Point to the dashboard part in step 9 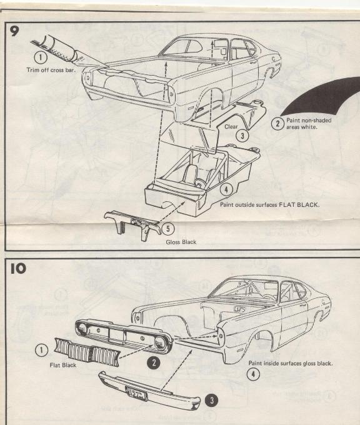click(128, 221)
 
